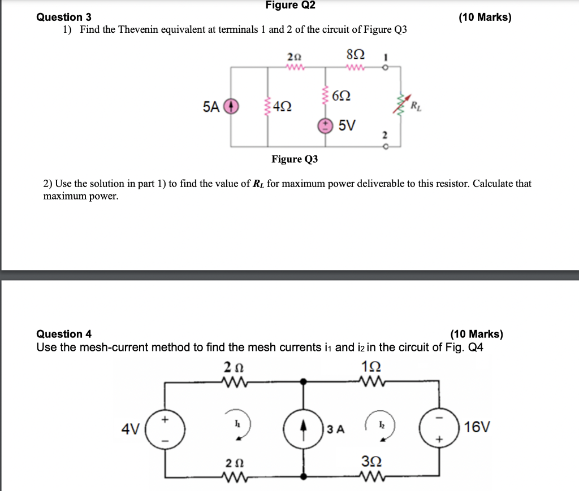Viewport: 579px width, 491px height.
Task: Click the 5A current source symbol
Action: (230, 106)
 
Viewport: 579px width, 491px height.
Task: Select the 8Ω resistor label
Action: (355, 55)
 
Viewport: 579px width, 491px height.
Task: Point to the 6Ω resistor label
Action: (344, 95)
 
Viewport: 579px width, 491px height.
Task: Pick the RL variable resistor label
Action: (415, 105)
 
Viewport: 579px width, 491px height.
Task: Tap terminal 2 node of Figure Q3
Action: (386, 147)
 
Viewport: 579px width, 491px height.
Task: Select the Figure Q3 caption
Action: (295, 159)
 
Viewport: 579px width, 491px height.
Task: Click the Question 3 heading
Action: (64, 18)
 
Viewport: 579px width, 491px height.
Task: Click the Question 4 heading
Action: (64, 334)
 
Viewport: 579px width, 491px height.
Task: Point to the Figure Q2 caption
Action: (290, 6)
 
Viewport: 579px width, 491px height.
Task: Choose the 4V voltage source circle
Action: (165, 429)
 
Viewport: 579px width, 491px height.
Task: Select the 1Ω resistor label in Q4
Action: (371, 367)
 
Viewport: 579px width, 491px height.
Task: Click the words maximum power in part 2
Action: (81, 196)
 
